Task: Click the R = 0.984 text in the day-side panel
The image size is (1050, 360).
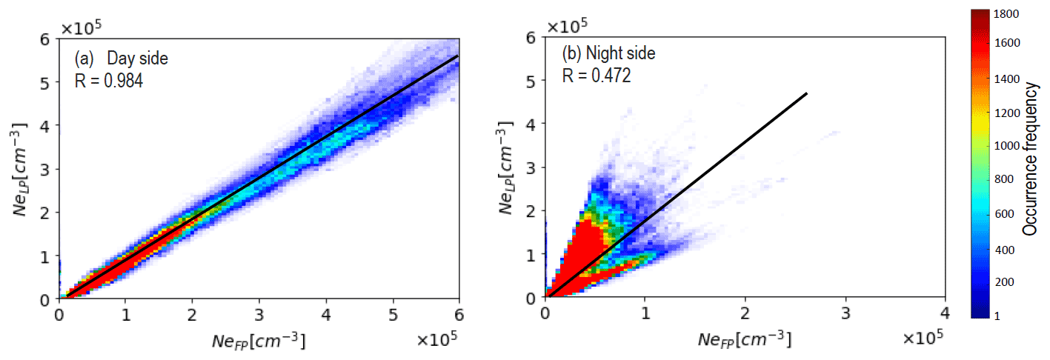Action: click(x=109, y=80)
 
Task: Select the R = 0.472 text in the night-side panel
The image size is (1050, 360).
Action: click(x=597, y=76)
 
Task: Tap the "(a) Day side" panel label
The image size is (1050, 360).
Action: click(x=122, y=59)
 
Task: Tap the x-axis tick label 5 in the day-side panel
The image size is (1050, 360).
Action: click(x=393, y=314)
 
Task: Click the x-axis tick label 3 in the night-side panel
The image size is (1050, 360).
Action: click(x=845, y=314)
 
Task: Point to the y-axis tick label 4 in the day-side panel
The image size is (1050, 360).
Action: click(x=46, y=125)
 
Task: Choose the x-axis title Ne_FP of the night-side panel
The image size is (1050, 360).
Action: click(x=743, y=341)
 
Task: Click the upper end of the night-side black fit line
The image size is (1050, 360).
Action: click(x=806, y=93)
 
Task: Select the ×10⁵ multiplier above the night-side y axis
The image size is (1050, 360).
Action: click(x=567, y=27)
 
